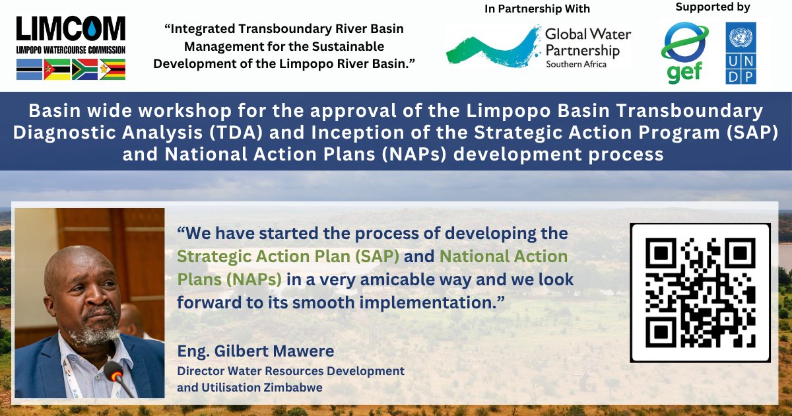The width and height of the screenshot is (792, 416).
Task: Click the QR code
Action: (x=700, y=293)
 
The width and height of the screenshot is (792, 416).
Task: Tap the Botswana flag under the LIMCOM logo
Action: (x=29, y=69)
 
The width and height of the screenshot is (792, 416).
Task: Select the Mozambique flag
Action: (x=57, y=69)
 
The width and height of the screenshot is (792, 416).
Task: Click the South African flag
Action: (x=84, y=69)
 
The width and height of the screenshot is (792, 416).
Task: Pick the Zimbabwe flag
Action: (x=112, y=69)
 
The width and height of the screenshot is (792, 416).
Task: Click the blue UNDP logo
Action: (x=741, y=53)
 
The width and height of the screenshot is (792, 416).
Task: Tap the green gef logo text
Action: (x=684, y=73)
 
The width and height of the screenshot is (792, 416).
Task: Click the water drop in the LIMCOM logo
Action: (x=92, y=28)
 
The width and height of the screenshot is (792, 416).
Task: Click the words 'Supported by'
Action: (x=712, y=7)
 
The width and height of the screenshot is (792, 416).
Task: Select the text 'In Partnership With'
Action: (x=537, y=9)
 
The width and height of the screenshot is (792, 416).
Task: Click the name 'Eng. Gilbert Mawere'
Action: (x=255, y=351)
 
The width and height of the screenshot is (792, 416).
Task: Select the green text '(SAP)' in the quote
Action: (x=377, y=256)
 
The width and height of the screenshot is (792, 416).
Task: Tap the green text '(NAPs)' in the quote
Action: (x=254, y=279)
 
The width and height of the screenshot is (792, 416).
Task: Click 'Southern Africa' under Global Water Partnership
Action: (x=576, y=65)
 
